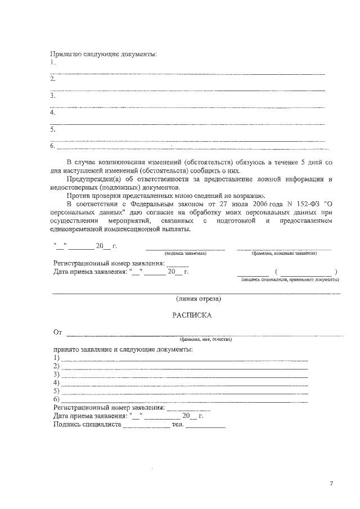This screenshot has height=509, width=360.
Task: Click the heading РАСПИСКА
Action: (x=192, y=316)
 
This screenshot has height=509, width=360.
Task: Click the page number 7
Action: (x=331, y=484)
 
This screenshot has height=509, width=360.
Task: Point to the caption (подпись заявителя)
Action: (x=185, y=254)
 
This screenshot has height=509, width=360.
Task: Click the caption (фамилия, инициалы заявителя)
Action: (x=284, y=254)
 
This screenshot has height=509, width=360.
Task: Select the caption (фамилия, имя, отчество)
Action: (x=205, y=340)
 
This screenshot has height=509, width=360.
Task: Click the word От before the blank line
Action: (x=57, y=332)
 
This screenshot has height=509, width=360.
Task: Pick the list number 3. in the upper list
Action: (x=53, y=96)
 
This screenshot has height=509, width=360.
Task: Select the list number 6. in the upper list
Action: (x=53, y=146)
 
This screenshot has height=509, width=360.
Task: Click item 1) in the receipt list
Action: (x=56, y=358)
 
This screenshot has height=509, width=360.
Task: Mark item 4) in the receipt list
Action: (x=56, y=382)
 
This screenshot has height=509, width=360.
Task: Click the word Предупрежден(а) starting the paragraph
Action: (x=91, y=179)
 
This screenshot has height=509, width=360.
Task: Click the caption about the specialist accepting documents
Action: (x=290, y=280)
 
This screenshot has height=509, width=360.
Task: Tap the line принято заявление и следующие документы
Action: (x=123, y=349)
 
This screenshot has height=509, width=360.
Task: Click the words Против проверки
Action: (x=90, y=195)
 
